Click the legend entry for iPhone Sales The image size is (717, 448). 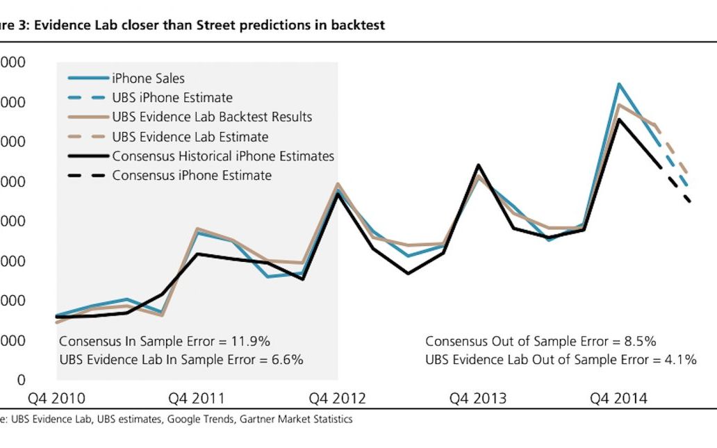tap(148, 78)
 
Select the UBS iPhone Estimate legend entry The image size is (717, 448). tap(172, 98)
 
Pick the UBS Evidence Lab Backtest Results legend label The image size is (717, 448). tap(212, 117)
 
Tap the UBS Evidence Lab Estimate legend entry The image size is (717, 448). tap(190, 137)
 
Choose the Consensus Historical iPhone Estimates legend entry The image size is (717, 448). tap(223, 156)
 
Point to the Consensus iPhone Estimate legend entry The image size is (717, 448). tap(192, 176)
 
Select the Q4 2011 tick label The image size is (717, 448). tap(197, 399)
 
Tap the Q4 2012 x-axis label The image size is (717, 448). tap(337, 399)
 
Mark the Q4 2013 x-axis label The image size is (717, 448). tap(478, 399)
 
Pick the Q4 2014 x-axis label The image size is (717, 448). tap(618, 399)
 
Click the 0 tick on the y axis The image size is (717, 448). tap(21, 381)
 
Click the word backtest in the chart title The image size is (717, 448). tap(356, 25)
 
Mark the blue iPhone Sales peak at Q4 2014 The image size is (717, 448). tap(618, 84)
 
